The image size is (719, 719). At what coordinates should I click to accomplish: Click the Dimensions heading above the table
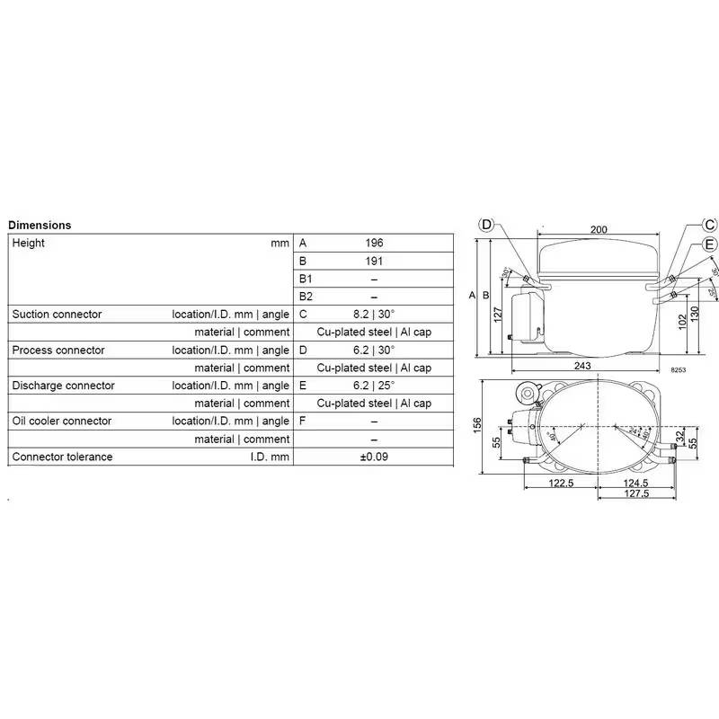[40, 226]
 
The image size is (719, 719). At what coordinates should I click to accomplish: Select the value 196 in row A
[374, 244]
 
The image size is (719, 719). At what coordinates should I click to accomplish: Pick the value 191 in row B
[374, 262]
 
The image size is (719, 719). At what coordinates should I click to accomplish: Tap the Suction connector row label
[57, 315]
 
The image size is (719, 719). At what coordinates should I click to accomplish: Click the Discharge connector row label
[63, 386]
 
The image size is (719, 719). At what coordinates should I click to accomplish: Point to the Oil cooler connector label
[62, 422]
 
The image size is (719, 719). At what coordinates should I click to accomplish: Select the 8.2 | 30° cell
[374, 315]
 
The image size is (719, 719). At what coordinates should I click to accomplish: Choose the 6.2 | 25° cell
[374, 386]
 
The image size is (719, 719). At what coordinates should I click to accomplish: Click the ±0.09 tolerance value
[374, 457]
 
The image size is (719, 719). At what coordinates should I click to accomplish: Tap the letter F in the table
[303, 422]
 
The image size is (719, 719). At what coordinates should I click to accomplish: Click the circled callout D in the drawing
[486, 225]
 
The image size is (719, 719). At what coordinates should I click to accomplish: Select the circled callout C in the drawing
[710, 225]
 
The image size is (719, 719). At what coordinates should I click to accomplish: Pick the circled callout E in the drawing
[710, 244]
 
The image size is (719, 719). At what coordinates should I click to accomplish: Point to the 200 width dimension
[599, 229]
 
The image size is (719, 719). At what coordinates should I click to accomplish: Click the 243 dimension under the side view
[582, 365]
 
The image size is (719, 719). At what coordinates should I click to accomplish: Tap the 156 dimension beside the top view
[478, 422]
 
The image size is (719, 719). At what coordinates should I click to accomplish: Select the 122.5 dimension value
[561, 484]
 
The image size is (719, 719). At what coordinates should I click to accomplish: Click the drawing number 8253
[677, 369]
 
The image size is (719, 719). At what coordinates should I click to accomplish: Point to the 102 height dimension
[680, 322]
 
